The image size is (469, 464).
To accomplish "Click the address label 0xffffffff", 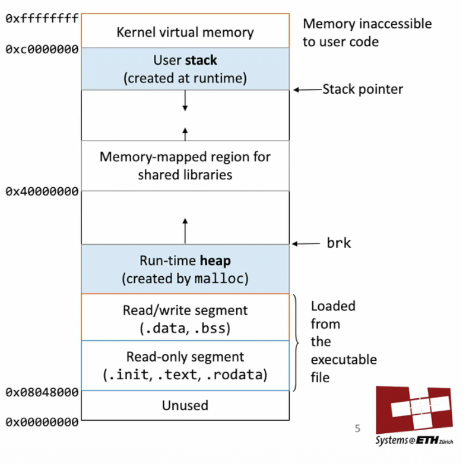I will [42, 18].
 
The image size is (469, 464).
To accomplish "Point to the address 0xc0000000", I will [42, 49].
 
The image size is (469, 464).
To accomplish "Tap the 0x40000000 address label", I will [42, 191].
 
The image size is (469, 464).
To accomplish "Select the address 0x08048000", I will [42, 392].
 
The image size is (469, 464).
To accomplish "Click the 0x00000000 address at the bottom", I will [42, 423].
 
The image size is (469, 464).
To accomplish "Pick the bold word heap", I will [214, 261].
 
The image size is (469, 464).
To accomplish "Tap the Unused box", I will [185, 406].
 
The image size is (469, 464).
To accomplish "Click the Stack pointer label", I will [362, 89].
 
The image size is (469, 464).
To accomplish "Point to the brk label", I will [339, 244].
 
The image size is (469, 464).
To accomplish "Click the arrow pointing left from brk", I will [306, 244].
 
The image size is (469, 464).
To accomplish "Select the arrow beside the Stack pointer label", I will [307, 90].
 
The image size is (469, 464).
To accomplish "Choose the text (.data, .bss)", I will [185, 328].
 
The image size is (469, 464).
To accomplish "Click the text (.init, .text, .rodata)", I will [185, 375].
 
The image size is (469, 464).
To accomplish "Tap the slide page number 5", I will [357, 429].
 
